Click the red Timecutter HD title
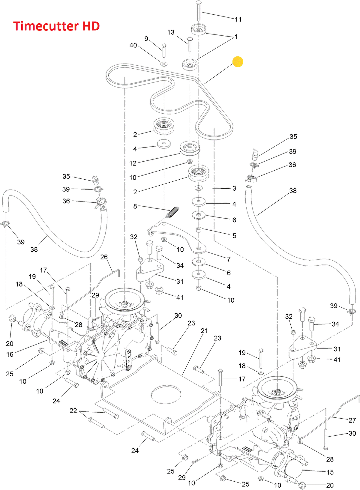tap(56, 26)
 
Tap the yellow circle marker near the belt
tap(238, 61)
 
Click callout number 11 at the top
tap(238, 19)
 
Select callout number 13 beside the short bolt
tap(171, 32)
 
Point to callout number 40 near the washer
tap(133, 45)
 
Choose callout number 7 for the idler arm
tap(229, 259)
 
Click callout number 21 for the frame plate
tap(204, 331)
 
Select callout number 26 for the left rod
tap(104, 257)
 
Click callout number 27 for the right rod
tap(352, 420)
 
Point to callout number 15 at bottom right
tap(330, 472)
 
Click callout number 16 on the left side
tap(10, 354)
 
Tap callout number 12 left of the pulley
tap(133, 163)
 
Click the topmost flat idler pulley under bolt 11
tap(199, 29)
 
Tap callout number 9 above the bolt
tap(146, 39)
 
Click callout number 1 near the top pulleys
tap(236, 37)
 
